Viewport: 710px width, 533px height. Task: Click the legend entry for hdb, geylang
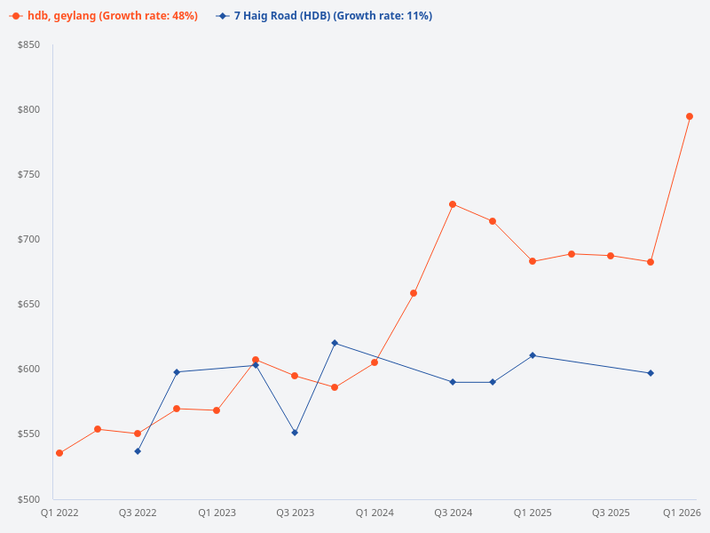click(104, 16)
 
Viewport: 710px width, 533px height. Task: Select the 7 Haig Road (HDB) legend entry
click(324, 16)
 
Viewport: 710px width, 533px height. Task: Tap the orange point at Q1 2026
click(690, 116)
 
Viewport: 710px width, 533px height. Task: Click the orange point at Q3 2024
click(453, 204)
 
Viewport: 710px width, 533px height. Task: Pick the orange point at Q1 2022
click(59, 453)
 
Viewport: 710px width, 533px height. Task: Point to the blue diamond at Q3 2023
click(295, 433)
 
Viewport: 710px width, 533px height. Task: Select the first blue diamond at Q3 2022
click(138, 451)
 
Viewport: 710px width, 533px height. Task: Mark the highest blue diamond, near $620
click(335, 343)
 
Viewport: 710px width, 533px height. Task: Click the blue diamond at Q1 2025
click(532, 355)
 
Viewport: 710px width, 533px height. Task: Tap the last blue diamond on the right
click(651, 373)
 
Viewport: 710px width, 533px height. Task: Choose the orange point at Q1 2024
click(375, 362)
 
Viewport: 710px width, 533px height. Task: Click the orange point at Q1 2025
click(532, 261)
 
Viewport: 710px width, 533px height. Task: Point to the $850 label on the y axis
click(28, 44)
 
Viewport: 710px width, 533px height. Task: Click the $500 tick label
click(28, 499)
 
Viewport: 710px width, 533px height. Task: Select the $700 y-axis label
click(28, 239)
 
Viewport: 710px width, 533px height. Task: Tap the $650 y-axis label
click(28, 304)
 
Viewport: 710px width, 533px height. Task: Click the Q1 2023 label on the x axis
click(217, 513)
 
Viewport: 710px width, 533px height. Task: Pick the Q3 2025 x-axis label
click(611, 513)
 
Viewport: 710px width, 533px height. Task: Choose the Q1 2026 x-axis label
click(682, 513)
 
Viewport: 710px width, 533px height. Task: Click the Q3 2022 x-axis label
click(138, 513)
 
